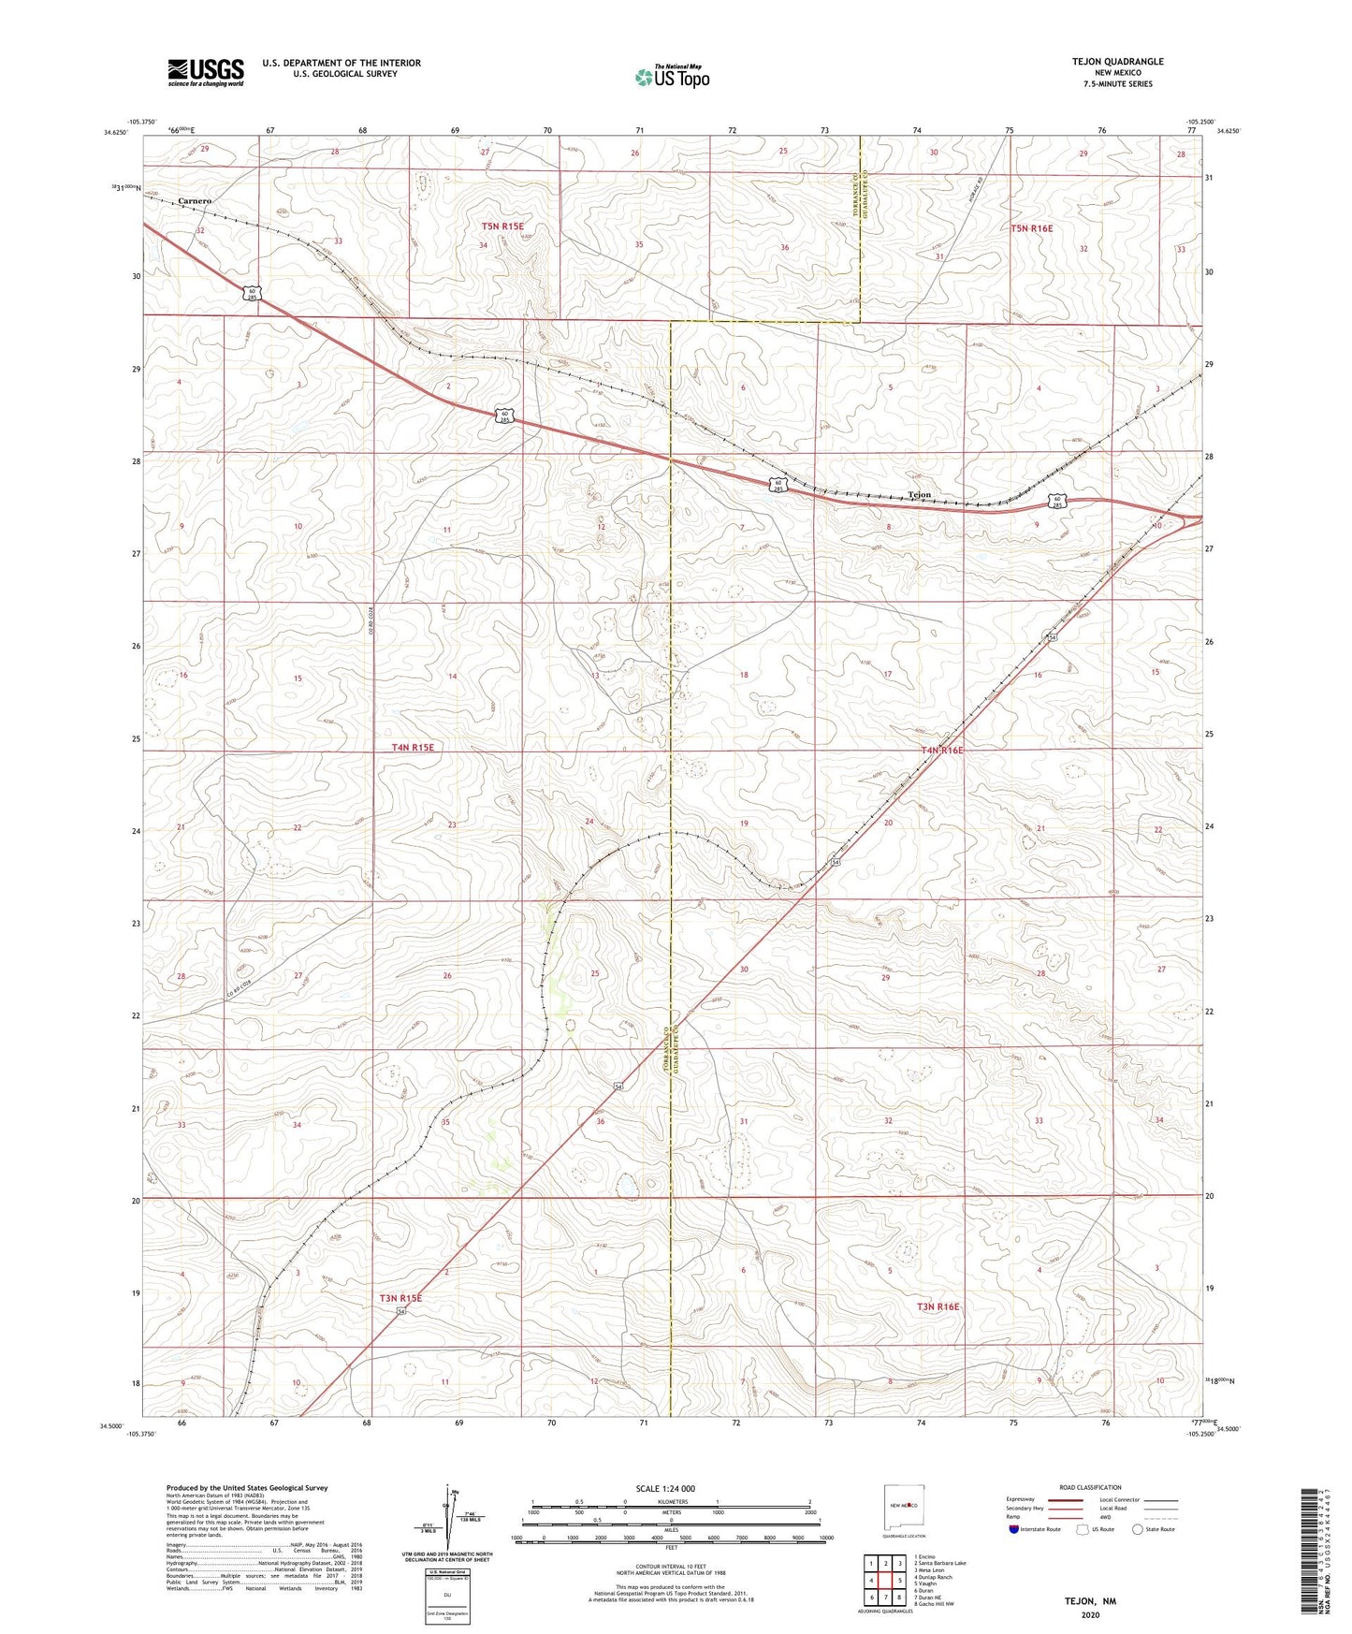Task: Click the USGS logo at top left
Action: click(205, 71)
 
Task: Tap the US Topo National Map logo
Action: click(671, 76)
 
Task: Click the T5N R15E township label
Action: click(502, 226)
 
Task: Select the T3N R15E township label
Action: click(400, 1298)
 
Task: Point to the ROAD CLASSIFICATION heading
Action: click(1090, 1487)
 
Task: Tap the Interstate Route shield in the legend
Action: click(1015, 1529)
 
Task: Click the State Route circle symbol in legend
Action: click(1138, 1529)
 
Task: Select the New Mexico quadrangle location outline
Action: click(904, 1506)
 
